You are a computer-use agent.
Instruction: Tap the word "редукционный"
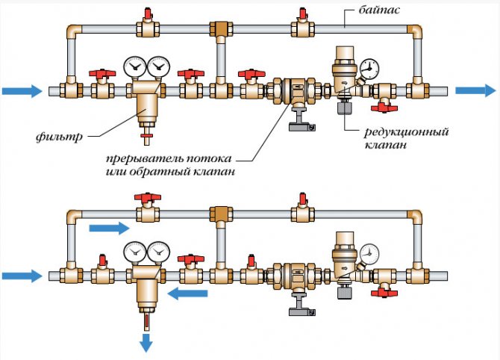pos(406,132)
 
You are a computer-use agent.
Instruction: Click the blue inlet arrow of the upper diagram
pos(22,91)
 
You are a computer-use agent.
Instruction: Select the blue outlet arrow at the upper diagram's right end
pos(475,90)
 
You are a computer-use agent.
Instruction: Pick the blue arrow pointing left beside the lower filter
pos(187,294)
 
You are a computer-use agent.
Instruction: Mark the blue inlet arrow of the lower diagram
pos(22,276)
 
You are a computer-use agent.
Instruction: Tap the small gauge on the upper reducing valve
pos(366,69)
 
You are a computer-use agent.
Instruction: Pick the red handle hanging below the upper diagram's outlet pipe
pos(385,109)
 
